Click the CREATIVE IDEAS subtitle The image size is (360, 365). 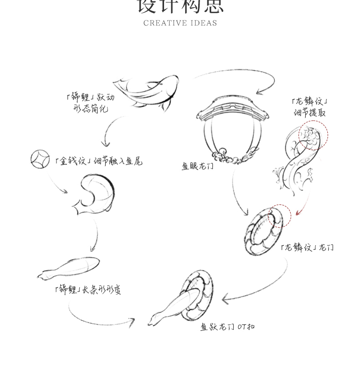[180, 23]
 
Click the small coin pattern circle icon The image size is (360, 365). [40, 158]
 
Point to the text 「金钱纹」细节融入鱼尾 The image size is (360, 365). [98, 161]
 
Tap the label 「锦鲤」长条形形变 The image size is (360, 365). [87, 289]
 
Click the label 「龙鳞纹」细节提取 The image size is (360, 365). [309, 107]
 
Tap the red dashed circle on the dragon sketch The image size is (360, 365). [313, 136]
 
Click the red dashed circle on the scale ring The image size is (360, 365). [278, 215]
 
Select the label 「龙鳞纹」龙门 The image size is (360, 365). [307, 248]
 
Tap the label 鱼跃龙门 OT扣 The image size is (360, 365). [227, 327]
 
